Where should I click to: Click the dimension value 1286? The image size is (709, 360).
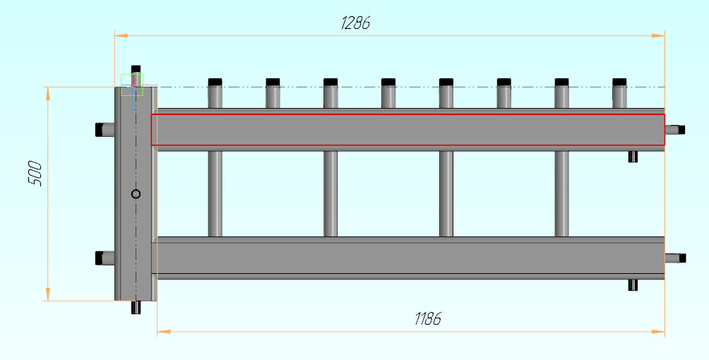tap(355, 23)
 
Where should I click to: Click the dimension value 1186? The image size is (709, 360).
tap(427, 318)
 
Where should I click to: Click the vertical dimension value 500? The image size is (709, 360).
tap(35, 174)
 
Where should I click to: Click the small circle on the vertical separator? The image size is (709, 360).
tap(136, 194)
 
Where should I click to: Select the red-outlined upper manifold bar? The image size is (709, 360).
tap(407, 130)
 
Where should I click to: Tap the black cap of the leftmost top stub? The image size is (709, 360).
tap(215, 81)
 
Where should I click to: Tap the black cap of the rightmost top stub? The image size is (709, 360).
tap(620, 81)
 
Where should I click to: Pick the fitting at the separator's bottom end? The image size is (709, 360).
tap(136, 308)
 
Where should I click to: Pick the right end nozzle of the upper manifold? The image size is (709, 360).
tap(675, 129)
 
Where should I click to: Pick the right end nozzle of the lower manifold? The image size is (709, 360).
tap(675, 258)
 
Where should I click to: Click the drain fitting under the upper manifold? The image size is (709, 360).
tap(633, 156)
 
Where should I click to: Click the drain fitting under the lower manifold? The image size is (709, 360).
tap(633, 284)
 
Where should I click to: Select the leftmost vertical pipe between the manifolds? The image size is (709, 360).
tap(215, 194)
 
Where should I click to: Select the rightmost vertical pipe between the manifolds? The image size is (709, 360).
tap(562, 194)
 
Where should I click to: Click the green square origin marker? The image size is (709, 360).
tap(132, 84)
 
